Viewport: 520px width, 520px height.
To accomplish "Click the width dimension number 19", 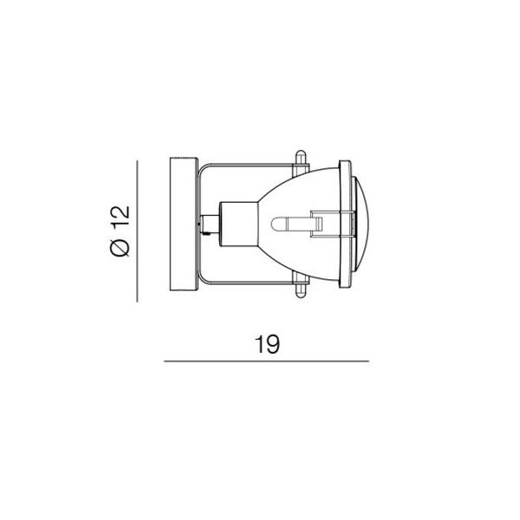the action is tap(267, 344).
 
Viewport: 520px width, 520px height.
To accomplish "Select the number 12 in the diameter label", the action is tap(120, 218).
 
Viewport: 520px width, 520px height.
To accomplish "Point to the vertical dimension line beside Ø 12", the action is tap(137, 231).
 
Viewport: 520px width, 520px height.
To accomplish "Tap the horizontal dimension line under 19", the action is tap(266, 361).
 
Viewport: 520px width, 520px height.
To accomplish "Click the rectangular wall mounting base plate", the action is tap(184, 224).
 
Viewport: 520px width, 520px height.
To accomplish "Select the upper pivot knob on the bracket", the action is tap(301, 162).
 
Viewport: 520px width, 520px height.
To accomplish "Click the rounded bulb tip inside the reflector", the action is tap(275, 224).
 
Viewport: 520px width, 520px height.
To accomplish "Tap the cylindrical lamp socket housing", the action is tap(239, 224).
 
